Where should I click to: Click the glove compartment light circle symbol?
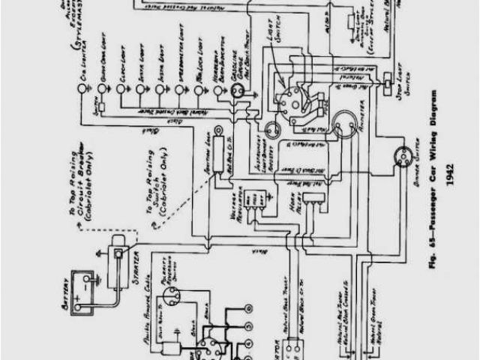(x=99, y=89)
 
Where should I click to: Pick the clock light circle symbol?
(x=120, y=89)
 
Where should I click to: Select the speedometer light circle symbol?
(x=179, y=89)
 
